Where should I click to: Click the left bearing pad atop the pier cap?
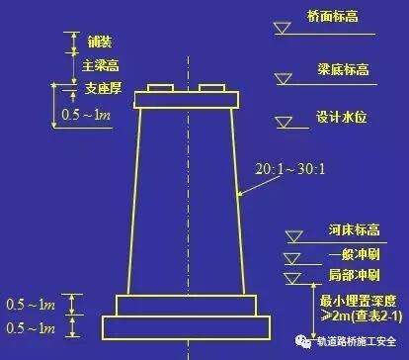pos(160,90)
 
